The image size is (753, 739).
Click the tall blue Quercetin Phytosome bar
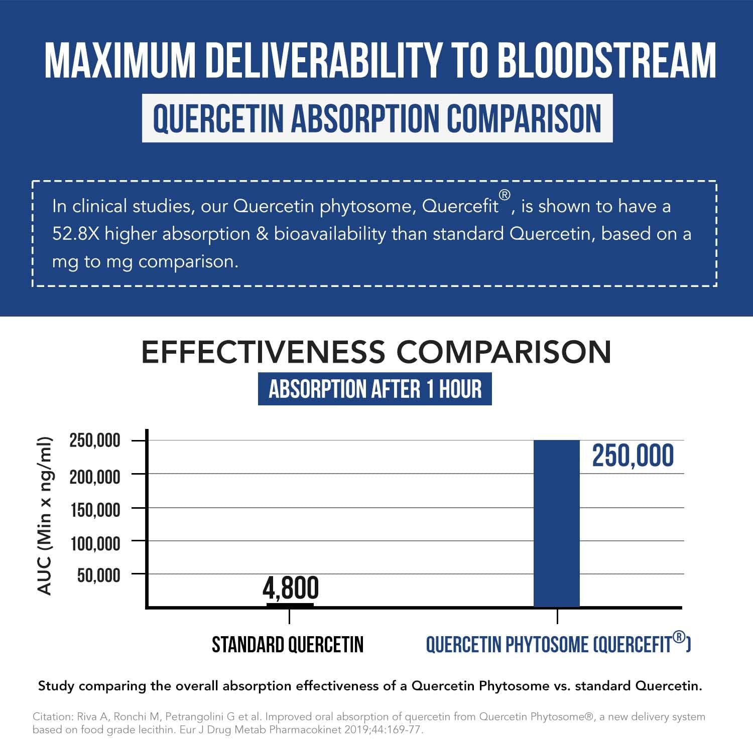pyautogui.click(x=556, y=523)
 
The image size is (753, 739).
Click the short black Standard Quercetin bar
pyautogui.click(x=290, y=606)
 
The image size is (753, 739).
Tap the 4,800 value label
pyautogui.click(x=291, y=588)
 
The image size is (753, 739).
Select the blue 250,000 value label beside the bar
pyautogui.click(x=633, y=456)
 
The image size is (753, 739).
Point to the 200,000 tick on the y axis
pyautogui.click(x=95, y=476)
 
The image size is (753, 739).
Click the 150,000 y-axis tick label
pyautogui.click(x=95, y=510)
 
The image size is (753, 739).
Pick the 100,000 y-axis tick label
pyautogui.click(x=95, y=543)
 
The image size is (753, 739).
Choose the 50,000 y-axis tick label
pyautogui.click(x=98, y=575)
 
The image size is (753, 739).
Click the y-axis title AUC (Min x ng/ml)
pyautogui.click(x=45, y=516)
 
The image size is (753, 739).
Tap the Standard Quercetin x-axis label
pyautogui.click(x=288, y=645)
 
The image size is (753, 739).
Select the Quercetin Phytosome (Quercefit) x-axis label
pyautogui.click(x=558, y=645)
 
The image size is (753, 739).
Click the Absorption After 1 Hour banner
pyautogui.click(x=374, y=389)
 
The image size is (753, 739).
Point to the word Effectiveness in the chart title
pyautogui.click(x=264, y=352)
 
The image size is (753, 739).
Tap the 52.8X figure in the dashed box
pyautogui.click(x=76, y=234)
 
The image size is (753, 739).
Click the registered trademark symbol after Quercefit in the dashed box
pyautogui.click(x=505, y=195)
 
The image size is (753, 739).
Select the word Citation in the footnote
pyautogui.click(x=53, y=717)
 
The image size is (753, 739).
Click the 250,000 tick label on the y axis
pyautogui.click(x=95, y=440)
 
